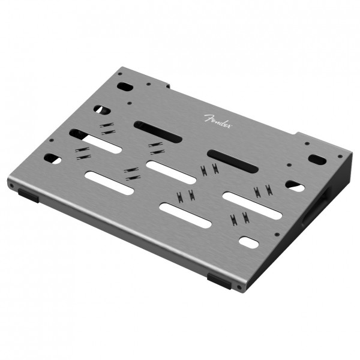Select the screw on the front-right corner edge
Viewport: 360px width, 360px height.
tap(240, 287)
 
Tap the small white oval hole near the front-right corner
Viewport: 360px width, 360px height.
tap(248, 241)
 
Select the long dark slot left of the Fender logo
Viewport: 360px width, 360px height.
tap(158, 131)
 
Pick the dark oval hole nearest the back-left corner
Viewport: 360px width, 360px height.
tap(124, 86)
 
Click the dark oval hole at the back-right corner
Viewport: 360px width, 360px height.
tap(317, 160)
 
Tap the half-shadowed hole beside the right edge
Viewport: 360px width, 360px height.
tap(294, 185)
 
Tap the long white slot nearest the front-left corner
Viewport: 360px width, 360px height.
tap(109, 182)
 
